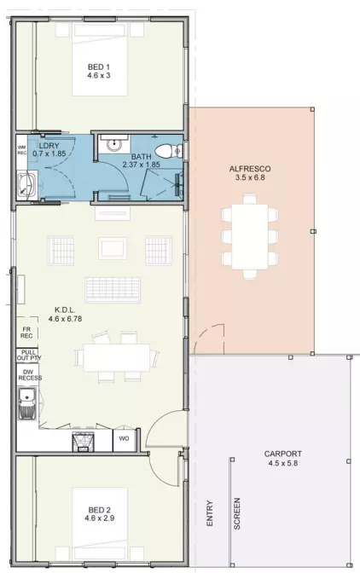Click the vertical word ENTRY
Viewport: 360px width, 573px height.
[210, 515]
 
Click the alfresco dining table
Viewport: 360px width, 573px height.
[250, 235]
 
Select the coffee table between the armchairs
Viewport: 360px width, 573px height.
[113, 248]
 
